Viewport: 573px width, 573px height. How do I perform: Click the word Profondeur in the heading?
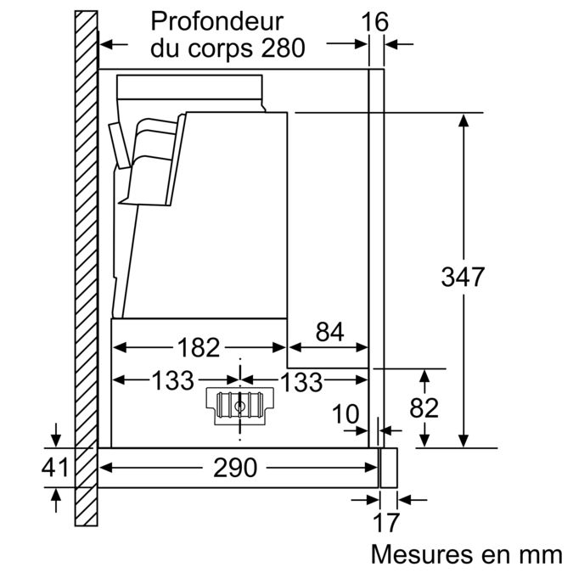216,20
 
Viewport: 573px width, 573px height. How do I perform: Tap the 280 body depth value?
283,48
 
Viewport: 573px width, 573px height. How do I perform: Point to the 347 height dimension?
463,277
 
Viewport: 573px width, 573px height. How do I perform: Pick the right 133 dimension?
301,381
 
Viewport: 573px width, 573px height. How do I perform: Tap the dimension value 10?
345,414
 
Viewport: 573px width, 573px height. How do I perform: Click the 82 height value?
424,407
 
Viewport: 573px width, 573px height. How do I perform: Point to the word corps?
223,48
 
